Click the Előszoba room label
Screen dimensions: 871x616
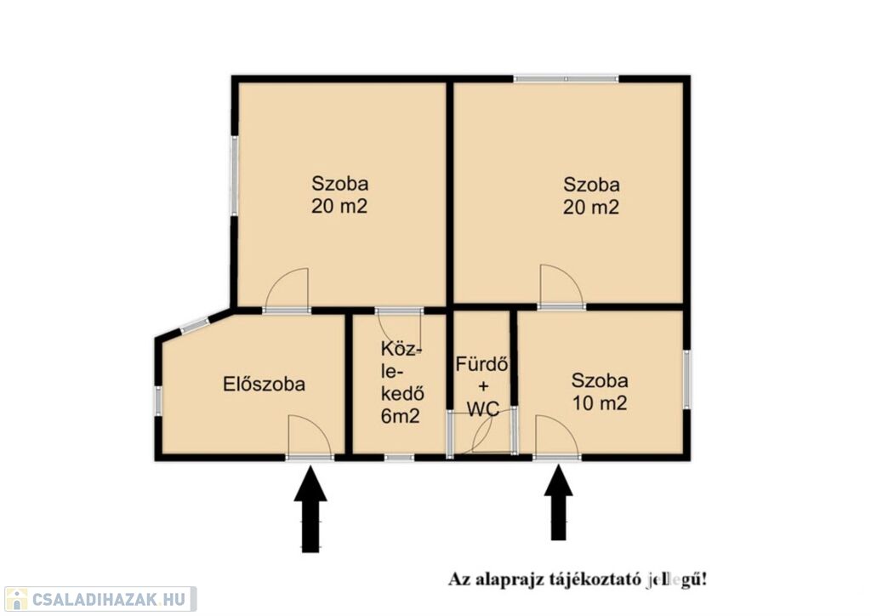264,384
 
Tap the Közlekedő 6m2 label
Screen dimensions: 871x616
402,382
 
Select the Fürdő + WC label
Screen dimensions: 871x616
483,386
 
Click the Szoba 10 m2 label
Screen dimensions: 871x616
600,391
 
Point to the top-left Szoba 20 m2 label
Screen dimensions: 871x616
339,194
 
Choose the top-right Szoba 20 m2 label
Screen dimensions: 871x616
591,196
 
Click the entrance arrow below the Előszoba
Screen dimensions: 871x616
310,509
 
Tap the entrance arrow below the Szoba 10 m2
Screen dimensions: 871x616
558,502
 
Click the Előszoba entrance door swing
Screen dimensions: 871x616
310,436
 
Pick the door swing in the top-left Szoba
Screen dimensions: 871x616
287,288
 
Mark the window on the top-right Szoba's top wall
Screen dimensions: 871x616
566,79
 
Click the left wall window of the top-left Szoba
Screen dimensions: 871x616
235,176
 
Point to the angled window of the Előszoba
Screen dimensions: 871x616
195,326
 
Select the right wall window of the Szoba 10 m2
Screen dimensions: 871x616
687,379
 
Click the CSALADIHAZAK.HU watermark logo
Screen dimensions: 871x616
100,599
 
